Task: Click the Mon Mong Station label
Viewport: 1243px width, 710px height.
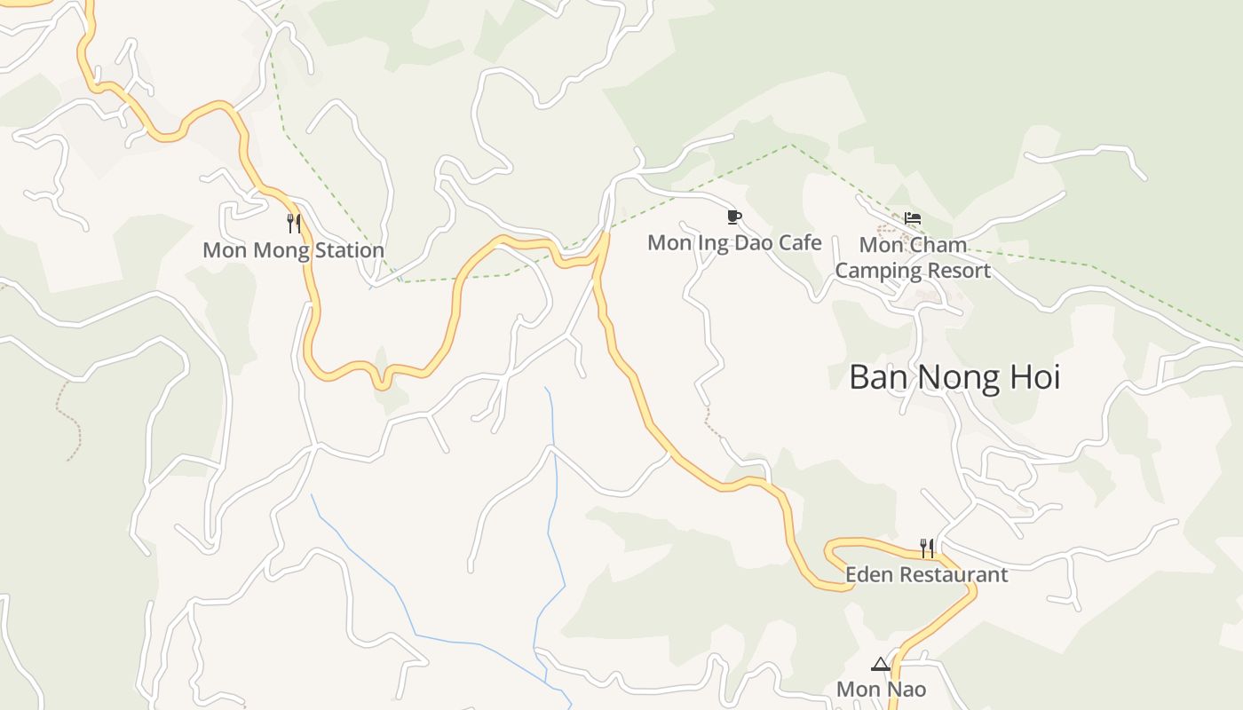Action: tap(293, 250)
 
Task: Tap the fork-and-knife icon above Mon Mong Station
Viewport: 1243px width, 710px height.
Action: tap(294, 223)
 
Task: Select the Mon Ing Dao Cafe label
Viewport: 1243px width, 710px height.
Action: tap(734, 242)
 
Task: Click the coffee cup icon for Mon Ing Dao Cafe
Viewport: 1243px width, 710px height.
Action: tap(733, 217)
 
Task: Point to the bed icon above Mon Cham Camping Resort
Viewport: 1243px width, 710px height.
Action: tap(912, 218)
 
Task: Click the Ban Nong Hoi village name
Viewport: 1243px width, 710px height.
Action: tap(954, 377)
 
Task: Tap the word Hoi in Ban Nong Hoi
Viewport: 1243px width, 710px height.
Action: tap(1034, 377)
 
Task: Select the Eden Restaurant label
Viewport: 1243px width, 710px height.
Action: tap(926, 574)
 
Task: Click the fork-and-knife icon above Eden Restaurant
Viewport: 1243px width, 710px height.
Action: tap(926, 548)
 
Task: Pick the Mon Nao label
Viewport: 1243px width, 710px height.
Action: tap(881, 689)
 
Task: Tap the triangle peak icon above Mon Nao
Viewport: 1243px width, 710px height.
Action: tap(880, 664)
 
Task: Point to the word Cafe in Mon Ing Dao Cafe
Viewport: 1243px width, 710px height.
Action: tap(800, 242)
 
